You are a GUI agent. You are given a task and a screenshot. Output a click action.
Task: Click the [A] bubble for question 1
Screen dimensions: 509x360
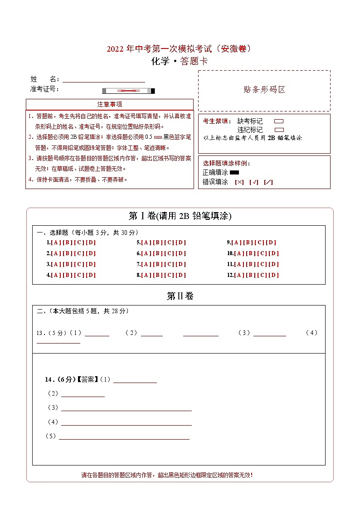point(56,242)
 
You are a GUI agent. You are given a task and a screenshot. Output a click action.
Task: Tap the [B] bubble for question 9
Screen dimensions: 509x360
point(248,242)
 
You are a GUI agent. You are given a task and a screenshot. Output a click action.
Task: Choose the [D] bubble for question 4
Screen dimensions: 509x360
point(91,275)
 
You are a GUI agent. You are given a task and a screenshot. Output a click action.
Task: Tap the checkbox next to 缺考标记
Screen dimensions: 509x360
point(279,121)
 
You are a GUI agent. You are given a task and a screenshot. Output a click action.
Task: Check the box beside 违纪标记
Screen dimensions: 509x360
point(279,130)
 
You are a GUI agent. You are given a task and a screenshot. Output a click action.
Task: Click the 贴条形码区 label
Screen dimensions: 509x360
point(264,90)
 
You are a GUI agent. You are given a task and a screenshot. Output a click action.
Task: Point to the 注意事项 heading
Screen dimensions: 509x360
point(110,104)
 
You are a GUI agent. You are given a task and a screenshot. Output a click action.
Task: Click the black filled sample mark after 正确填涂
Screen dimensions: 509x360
point(234,172)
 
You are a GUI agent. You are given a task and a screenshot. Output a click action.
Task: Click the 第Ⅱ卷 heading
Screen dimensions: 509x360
point(180,296)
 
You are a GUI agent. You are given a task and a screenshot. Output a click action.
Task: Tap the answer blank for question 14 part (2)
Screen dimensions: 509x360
point(83,395)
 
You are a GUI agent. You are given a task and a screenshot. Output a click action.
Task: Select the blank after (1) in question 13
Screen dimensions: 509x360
point(97,334)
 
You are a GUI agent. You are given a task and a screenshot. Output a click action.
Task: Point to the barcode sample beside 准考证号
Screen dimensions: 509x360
point(128,91)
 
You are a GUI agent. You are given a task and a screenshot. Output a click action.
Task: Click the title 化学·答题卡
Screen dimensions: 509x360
point(180,62)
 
